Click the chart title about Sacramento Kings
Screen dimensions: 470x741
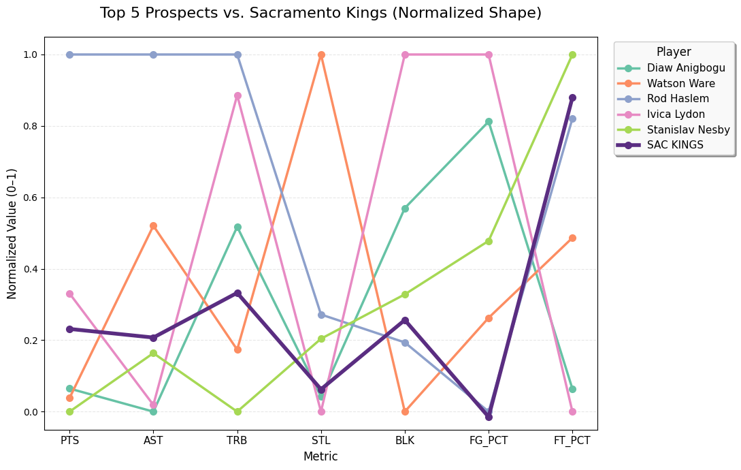320,13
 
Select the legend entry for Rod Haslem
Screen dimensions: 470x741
678,99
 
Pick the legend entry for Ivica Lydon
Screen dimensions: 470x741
676,114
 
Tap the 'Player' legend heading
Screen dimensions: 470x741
673,52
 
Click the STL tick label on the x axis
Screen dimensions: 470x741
321,441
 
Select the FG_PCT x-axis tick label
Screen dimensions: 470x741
489,441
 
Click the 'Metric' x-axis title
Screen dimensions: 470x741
320,456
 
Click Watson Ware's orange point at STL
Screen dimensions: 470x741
321,54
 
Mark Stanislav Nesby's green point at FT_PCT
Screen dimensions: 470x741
572,54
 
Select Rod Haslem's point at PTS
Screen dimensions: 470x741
69,54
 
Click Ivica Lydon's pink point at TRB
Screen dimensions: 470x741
237,95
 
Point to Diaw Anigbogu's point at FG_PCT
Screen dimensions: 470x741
489,121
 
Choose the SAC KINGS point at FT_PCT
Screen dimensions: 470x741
572,97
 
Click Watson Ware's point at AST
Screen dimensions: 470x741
153,225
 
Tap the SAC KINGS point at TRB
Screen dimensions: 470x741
237,293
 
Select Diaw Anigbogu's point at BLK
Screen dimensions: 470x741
405,208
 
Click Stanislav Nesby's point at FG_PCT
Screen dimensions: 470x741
489,241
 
